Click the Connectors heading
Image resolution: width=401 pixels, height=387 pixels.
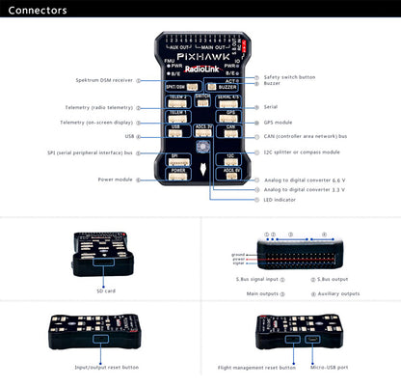tap(36, 11)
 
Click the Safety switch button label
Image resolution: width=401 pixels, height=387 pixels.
tap(290, 76)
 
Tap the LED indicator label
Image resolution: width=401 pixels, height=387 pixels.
tap(282, 200)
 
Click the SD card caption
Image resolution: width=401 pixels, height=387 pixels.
tap(105, 290)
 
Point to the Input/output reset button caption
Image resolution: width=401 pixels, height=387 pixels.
tap(106, 367)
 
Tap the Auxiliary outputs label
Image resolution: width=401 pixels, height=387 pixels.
tap(336, 293)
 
